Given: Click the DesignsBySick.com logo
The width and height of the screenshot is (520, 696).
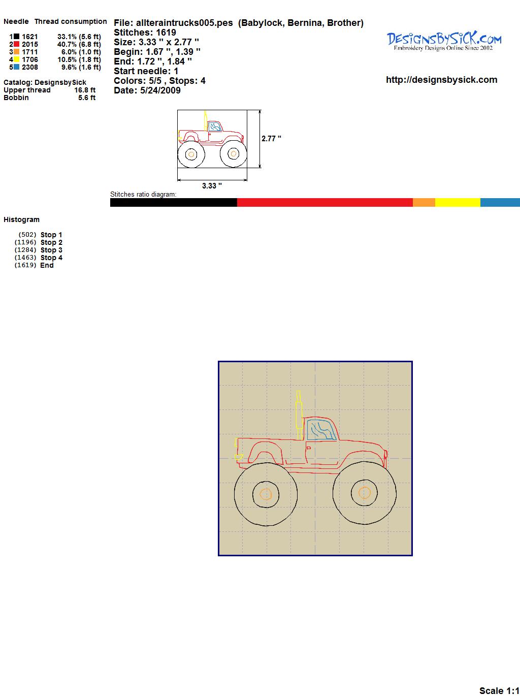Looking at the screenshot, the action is (x=444, y=41).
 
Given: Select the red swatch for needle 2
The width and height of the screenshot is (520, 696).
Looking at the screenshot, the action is (x=16, y=44).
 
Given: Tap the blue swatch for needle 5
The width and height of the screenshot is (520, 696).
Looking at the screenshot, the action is (x=16, y=67).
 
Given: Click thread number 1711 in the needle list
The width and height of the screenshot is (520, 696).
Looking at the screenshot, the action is (x=30, y=52).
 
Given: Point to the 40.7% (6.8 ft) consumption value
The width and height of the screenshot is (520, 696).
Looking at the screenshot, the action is (x=79, y=44).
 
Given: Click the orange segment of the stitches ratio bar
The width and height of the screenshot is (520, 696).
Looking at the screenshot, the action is (x=424, y=202).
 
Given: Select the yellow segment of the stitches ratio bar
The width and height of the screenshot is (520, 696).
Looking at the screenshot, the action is (x=458, y=202).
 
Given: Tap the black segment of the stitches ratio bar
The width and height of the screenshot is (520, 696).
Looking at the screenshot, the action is (x=174, y=202).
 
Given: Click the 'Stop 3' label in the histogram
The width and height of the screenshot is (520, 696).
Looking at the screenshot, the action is (x=51, y=250).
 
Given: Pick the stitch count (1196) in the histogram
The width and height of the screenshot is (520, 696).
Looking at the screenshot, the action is (x=25, y=242).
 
